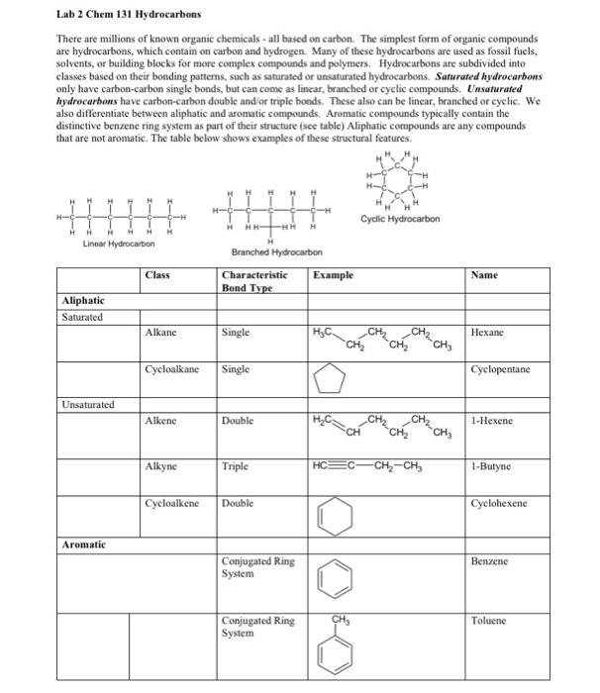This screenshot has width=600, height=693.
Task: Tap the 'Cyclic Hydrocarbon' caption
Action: [399, 220]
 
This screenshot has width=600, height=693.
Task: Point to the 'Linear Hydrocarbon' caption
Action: [119, 244]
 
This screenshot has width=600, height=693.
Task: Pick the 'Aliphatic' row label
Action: [83, 299]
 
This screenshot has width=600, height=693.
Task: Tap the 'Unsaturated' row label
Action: [87, 405]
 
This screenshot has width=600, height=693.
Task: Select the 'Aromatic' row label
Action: [84, 544]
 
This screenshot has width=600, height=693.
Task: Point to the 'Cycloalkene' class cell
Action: [171, 503]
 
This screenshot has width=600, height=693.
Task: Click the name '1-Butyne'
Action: [492, 464]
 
